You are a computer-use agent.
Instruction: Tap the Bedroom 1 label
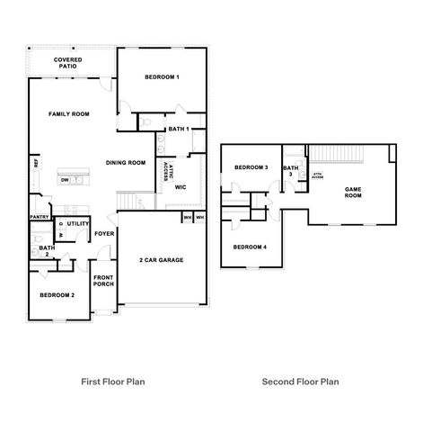click(x=163, y=77)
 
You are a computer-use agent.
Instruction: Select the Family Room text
click(x=69, y=114)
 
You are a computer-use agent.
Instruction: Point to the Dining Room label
click(x=126, y=163)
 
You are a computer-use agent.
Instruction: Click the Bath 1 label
click(x=178, y=130)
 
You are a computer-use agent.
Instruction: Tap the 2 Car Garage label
click(x=161, y=260)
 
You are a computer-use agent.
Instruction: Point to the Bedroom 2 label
click(x=57, y=295)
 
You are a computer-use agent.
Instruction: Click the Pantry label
click(x=39, y=217)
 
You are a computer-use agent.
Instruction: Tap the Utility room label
click(x=77, y=222)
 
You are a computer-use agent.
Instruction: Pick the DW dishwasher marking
click(x=66, y=180)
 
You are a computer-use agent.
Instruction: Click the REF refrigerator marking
click(x=36, y=164)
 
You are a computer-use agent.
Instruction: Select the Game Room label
click(x=353, y=192)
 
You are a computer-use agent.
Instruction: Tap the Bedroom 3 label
click(x=251, y=168)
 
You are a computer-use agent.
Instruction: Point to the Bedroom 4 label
click(x=250, y=247)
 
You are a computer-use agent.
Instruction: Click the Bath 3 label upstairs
click(x=291, y=170)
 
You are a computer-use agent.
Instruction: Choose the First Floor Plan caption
click(x=113, y=382)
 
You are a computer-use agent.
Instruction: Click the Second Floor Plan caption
click(x=300, y=382)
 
